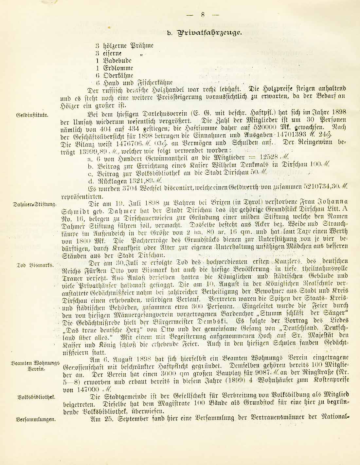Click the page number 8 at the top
coord(203,14)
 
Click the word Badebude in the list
coord(117,61)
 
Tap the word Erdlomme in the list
coord(118,68)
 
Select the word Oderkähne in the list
coord(118,76)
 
